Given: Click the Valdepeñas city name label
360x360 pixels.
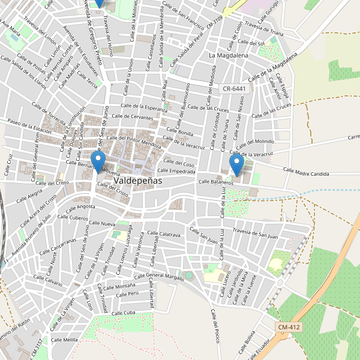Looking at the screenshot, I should pos(142,179).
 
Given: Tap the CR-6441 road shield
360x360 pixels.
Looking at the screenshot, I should pos(234,88).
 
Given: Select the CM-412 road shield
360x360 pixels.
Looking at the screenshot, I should pos(289,327).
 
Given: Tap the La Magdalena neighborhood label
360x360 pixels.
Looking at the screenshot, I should pos(229,55).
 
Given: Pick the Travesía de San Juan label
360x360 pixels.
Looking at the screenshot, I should pos(255,233).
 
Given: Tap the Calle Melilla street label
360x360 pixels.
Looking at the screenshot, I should pos(65,340).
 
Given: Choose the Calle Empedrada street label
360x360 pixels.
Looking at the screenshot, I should pos(174,171).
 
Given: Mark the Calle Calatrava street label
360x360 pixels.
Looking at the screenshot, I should pos(162,234).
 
